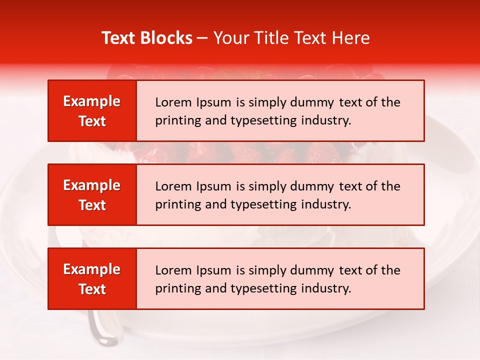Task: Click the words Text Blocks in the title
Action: [x=147, y=38]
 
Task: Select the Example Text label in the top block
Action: [x=92, y=111]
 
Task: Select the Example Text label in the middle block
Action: [x=92, y=195]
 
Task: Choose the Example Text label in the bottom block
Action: [x=92, y=279]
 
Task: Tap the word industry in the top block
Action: [x=326, y=120]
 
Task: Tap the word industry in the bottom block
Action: [x=326, y=288]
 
